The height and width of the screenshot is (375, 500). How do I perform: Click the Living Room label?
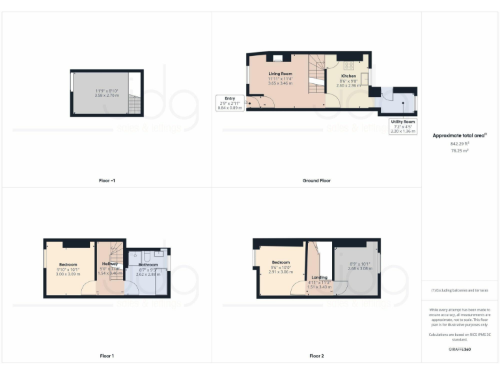tap(281, 74)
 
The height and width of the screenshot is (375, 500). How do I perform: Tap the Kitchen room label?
tap(349, 76)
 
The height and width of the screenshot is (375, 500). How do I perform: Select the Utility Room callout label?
tap(402, 122)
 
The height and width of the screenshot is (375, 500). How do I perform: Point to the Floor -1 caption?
tap(105, 180)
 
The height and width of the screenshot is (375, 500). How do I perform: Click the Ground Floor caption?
tap(316, 180)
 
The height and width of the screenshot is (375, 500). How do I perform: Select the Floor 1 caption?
tap(105, 356)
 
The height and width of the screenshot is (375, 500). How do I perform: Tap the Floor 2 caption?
tap(316, 356)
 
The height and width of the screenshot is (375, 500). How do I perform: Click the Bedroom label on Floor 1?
tap(68, 264)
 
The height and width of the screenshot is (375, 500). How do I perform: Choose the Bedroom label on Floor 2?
tap(281, 262)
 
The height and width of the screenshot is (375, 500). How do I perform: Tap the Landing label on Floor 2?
tap(319, 277)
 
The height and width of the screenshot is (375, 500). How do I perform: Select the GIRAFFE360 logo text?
tap(460, 350)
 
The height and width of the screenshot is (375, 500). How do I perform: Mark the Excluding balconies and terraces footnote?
tap(460, 290)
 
